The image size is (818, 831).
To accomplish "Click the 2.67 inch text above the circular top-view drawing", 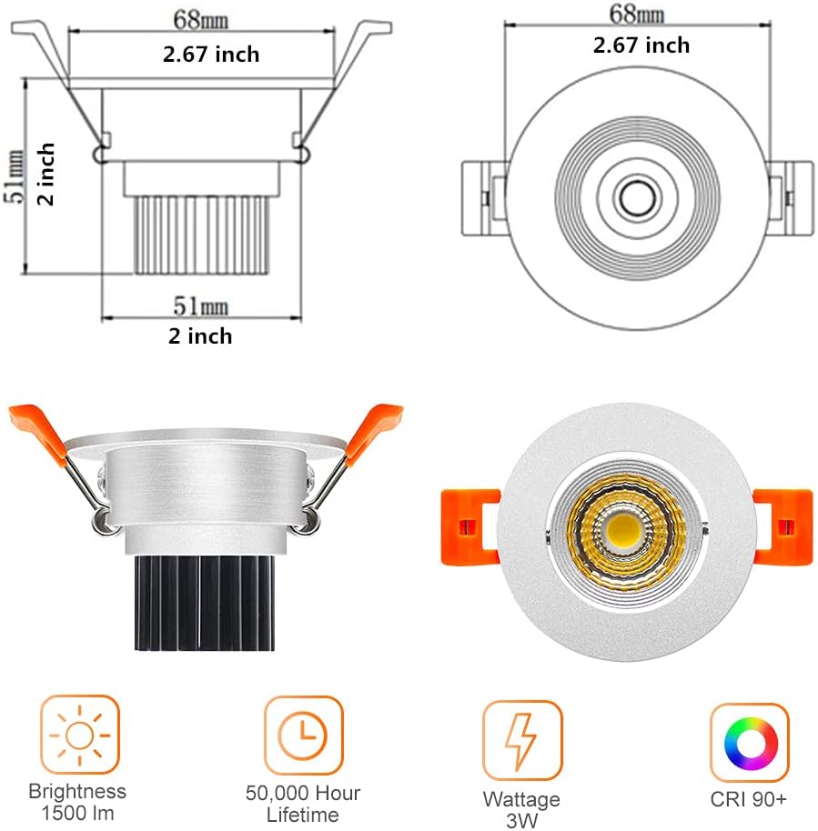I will tap(641, 45).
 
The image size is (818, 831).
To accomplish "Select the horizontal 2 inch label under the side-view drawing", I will tap(200, 335).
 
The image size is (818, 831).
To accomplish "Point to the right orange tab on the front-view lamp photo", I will tap(782, 526).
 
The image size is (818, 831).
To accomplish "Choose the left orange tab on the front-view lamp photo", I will tap(469, 526).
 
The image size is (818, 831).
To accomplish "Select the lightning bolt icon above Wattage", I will tap(522, 739).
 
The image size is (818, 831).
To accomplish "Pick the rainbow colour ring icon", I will tap(749, 742).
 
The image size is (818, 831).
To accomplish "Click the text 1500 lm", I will tap(77, 813).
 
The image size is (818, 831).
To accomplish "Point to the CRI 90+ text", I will tap(749, 801).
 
